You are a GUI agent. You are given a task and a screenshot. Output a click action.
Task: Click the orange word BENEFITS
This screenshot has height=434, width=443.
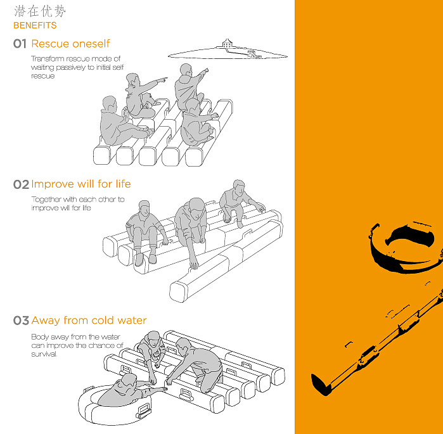[35, 25]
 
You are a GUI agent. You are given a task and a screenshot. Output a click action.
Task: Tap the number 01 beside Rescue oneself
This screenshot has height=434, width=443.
[20, 44]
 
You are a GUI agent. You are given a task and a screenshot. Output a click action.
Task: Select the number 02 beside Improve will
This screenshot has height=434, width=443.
[21, 184]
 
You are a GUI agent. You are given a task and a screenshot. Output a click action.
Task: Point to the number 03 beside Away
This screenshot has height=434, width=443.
[21, 321]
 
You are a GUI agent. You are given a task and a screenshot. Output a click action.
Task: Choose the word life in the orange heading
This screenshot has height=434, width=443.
[123, 184]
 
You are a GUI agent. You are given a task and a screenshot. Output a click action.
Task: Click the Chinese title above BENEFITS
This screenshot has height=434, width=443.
[40, 11]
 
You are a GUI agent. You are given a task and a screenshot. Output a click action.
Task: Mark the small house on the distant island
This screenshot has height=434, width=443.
[227, 44]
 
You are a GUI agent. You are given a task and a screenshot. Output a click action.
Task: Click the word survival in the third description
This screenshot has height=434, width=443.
[44, 354]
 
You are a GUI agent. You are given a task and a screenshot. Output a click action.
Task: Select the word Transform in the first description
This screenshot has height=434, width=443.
[48, 58]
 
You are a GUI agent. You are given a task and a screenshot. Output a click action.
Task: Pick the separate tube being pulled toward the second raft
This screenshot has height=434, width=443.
[226, 261]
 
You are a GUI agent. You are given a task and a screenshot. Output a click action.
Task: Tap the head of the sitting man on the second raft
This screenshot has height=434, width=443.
[144, 208]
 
